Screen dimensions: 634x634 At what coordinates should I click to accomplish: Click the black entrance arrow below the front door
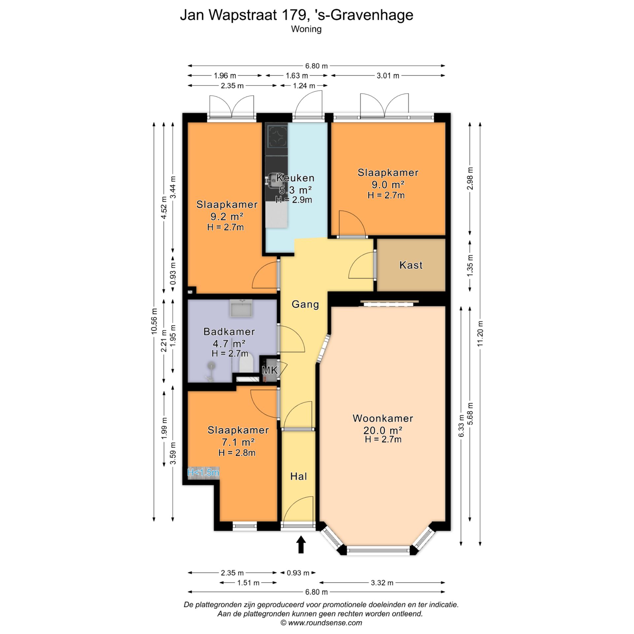[x=301, y=545]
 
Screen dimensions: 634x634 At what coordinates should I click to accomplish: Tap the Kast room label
[x=411, y=265]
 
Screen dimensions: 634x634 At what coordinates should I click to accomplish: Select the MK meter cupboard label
[x=270, y=370]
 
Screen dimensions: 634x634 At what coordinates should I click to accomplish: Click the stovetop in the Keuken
[x=277, y=137]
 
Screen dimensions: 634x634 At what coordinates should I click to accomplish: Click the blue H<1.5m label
[x=203, y=473]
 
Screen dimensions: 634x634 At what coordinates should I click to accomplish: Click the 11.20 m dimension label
[x=480, y=333]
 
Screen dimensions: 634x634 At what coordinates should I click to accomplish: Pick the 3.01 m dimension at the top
[x=388, y=76]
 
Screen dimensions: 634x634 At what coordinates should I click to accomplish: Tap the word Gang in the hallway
[x=305, y=304]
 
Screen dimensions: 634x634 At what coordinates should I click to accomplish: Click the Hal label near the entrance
[x=299, y=476]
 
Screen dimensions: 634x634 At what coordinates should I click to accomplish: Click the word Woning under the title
[x=306, y=29]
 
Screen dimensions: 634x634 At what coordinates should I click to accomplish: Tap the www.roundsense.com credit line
[x=321, y=623]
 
